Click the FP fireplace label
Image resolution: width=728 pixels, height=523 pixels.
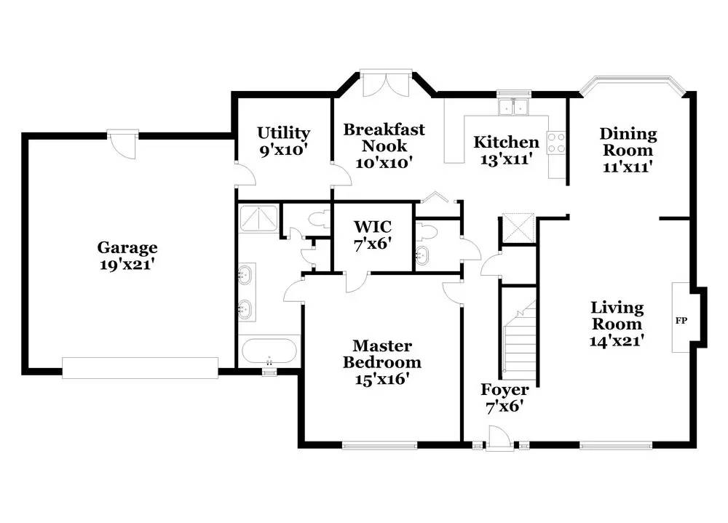tap(681, 320)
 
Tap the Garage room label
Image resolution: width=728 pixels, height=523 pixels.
tap(127, 248)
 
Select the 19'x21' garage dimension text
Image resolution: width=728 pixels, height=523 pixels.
tap(127, 265)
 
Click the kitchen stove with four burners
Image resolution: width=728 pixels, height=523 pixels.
tap(556, 143)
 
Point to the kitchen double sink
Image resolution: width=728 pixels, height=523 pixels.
tap(513, 107)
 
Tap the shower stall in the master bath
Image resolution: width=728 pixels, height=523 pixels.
tap(258, 218)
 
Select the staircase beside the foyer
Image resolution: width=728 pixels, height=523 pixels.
tap(520, 340)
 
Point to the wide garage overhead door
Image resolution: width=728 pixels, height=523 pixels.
tap(141, 367)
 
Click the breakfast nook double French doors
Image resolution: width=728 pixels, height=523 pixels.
tap(386, 84)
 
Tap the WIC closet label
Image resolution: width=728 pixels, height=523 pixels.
tap(373, 227)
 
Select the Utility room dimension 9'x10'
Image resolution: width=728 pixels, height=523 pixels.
tap(284, 150)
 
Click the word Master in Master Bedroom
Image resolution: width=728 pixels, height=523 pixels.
tap(382, 346)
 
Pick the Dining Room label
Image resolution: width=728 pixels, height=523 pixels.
tap(628, 142)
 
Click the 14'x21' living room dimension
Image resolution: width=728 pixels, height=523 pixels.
tap(617, 340)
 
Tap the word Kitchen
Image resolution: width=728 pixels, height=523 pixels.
tap(506, 142)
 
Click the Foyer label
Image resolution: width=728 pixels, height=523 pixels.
tap(505, 390)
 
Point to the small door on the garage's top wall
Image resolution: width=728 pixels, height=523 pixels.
tap(123, 144)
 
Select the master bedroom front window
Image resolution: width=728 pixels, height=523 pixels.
tap(380, 445)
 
